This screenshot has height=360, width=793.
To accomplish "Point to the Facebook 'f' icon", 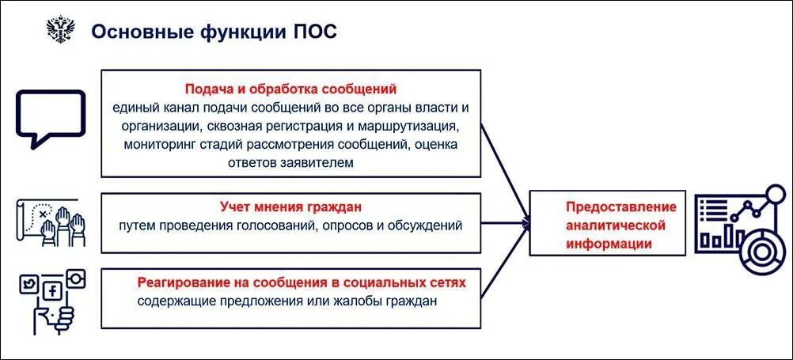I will tap(53, 291).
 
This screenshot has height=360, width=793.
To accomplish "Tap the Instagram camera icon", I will tap(76, 278).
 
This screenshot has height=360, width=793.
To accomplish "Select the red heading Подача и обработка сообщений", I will tap(290, 89).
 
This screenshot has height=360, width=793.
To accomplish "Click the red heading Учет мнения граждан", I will tap(290, 207).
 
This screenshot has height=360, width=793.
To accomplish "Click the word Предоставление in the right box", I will tap(620, 207).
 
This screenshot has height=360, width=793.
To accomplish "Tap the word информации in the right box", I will tap(609, 244).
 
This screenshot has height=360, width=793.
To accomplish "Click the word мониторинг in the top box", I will tap(162, 145).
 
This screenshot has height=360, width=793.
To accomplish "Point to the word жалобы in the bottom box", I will tap(360, 301).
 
